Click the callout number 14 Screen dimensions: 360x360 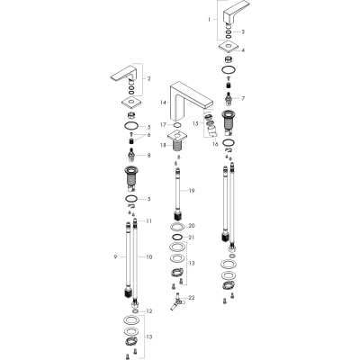[163, 103]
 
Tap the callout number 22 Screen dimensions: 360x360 [192, 298]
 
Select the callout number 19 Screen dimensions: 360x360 [192, 191]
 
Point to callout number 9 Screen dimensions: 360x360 [115, 256]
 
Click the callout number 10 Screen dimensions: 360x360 [149, 256]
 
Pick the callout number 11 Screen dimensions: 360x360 [149, 221]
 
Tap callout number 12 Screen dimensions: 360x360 [149, 311]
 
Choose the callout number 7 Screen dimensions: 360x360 [243, 98]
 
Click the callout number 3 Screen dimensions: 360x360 [243, 31]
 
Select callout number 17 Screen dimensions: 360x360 [163, 124]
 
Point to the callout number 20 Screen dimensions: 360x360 [192, 226]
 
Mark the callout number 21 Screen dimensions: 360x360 [192, 238]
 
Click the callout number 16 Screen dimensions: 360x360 [215, 144]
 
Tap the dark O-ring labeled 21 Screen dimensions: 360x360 [177, 238]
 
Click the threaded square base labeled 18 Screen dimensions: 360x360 [177, 141]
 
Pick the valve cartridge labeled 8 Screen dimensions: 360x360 [131, 153]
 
